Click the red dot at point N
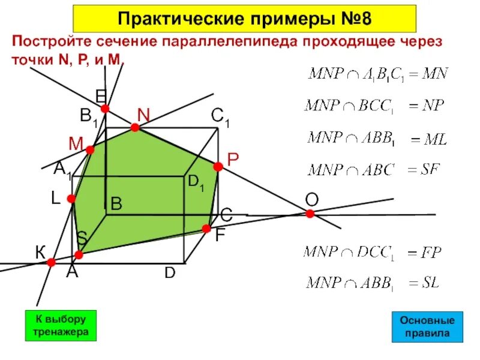point(135,127)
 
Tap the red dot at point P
point(218,166)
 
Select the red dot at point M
point(90,150)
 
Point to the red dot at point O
point(310,214)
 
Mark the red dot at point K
point(52,262)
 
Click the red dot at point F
point(206,229)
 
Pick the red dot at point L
point(71,199)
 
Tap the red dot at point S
point(78,254)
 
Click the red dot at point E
point(105,109)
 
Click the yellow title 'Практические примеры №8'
point(244,19)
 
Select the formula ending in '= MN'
point(378,75)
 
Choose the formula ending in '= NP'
point(375,107)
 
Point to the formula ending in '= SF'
point(375,170)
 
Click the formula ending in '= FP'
point(374,252)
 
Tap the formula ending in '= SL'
point(373,283)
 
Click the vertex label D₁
point(196,184)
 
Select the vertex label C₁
point(221,117)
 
